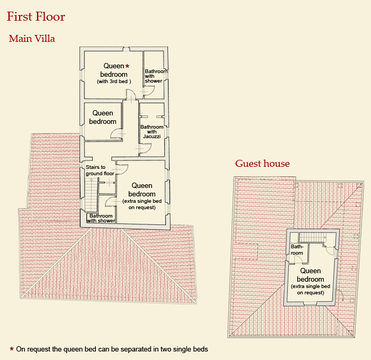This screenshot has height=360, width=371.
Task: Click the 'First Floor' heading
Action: click(x=36, y=16)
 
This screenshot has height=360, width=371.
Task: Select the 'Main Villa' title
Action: click(x=32, y=39)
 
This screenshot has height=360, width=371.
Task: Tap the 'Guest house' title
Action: click(x=262, y=164)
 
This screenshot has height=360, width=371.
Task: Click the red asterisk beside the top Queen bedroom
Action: click(x=127, y=66)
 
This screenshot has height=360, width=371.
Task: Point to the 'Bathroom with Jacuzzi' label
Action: click(x=152, y=132)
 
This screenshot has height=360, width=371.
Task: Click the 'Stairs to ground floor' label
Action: click(x=100, y=170)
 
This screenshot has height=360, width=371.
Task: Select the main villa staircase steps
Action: click(x=91, y=195)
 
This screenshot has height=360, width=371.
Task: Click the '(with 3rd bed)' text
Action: click(x=114, y=82)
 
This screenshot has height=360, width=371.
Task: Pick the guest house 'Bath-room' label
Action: click(x=297, y=249)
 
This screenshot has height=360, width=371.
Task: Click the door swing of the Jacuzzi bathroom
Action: click(x=146, y=149)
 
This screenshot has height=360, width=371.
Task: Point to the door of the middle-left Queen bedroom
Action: click(x=116, y=133)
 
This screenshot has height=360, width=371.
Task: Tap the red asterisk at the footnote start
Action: click(x=12, y=349)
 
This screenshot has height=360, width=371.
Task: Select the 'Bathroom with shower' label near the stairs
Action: click(x=101, y=218)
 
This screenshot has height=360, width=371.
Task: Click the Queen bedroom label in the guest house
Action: click(x=311, y=281)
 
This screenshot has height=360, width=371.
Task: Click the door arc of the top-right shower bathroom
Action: click(x=149, y=91)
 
